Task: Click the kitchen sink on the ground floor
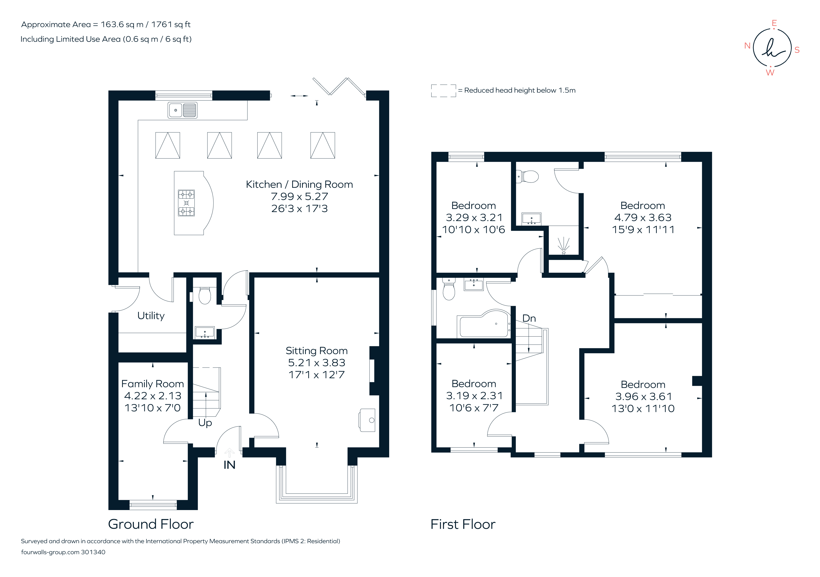tap(182, 110)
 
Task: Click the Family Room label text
tap(153, 384)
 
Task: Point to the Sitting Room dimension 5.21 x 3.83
tap(316, 363)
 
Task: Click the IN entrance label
tap(229, 465)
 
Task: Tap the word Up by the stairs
tap(205, 423)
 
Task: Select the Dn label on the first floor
tap(529, 318)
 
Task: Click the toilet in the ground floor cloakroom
tap(205, 296)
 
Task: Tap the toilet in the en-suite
tap(529, 176)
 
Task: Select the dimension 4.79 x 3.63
tap(643, 217)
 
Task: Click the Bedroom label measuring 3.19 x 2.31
tap(474, 384)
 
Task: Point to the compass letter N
tap(747, 46)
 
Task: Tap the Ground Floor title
tap(151, 524)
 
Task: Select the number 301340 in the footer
tap(93, 552)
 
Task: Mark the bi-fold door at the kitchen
tap(339, 87)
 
